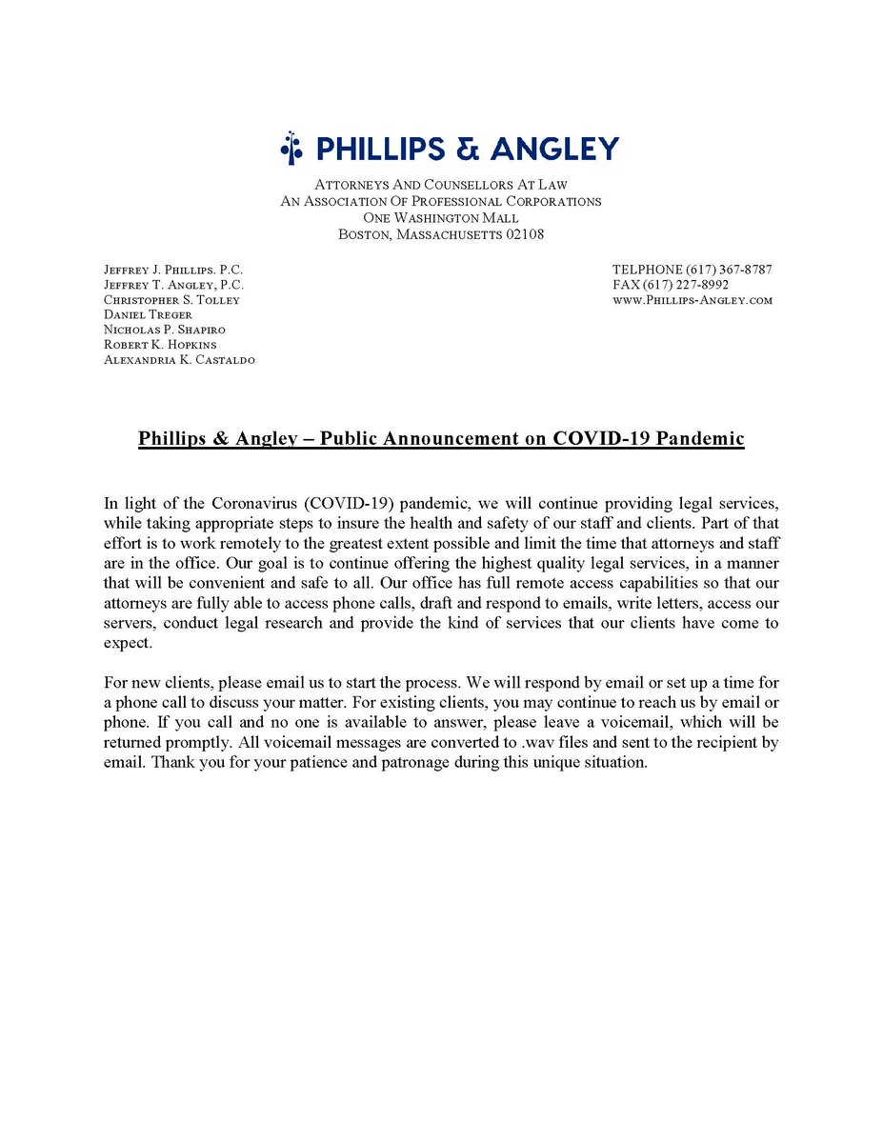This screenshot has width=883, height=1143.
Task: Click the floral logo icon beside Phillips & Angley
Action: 291,149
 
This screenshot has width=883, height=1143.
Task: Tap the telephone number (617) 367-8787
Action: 723,270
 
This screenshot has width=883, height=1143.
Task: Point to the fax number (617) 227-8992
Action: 709,285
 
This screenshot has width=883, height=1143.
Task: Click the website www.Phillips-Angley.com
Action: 692,300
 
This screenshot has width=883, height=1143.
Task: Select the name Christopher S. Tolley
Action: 171,300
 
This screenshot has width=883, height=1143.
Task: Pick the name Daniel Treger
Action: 148,314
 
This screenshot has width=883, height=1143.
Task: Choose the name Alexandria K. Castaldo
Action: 179,360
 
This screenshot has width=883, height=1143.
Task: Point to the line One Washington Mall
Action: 441,218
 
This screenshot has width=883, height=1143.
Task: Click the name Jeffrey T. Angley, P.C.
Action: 173,285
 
